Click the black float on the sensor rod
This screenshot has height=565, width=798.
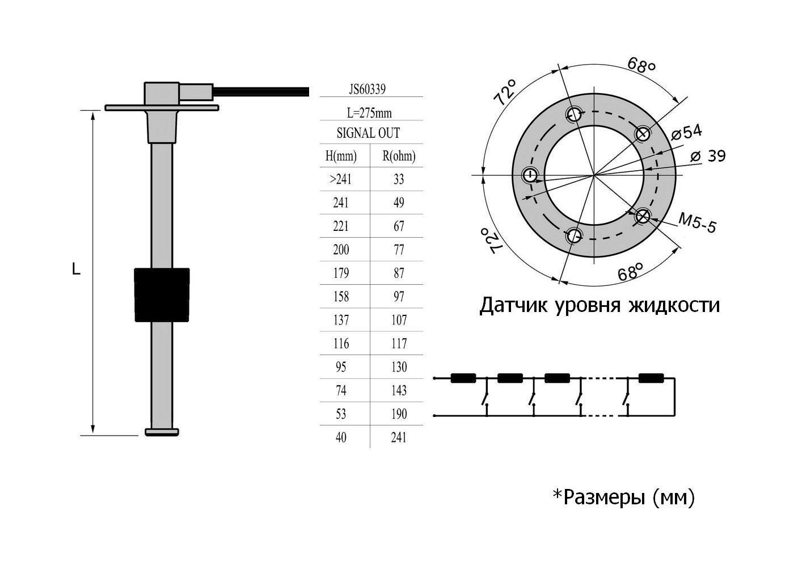(162, 294)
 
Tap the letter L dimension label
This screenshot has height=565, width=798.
(76, 270)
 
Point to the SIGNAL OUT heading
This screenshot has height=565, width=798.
(368, 133)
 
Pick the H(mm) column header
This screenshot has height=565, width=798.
(341, 156)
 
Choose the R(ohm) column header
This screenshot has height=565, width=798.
(399, 156)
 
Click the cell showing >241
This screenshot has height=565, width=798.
(340, 179)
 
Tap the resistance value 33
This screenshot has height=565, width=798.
(399, 179)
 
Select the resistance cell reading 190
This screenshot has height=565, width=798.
(399, 414)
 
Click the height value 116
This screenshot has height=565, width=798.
(341, 344)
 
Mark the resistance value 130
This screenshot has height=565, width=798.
(399, 367)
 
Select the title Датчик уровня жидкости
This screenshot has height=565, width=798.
(599, 305)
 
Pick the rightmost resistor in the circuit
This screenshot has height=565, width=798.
(651, 378)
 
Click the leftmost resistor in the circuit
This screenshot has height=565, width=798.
(463, 378)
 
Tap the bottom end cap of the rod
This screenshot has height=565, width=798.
(162, 432)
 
